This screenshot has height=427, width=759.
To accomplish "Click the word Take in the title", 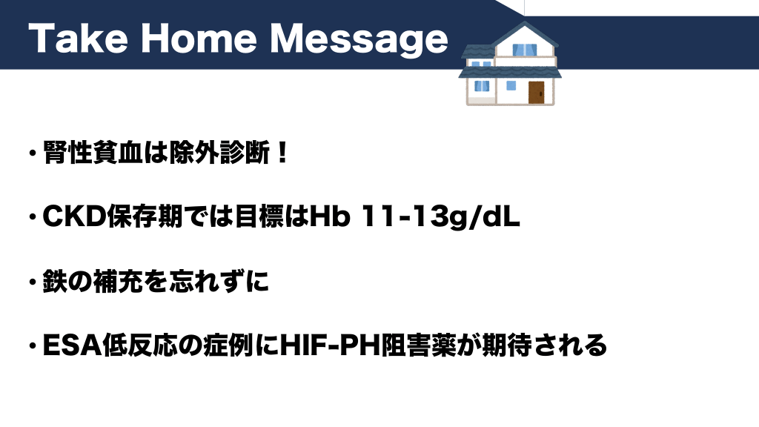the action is tap(79, 39).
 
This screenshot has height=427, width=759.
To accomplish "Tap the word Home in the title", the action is tap(199, 39).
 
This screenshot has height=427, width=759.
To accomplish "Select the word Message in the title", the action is tap(359, 41).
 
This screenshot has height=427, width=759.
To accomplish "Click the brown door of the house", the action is tap(536, 92).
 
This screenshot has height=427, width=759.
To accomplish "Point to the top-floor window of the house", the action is tap(525, 50).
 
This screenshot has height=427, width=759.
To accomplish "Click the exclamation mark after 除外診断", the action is tap(283, 153).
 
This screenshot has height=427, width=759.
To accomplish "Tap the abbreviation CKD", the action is tap(74, 216).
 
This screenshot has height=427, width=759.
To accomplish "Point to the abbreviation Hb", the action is tap(329, 216).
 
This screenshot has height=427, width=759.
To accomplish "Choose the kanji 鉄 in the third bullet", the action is tap(55, 281).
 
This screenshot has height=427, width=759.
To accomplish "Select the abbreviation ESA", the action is tap(72, 345).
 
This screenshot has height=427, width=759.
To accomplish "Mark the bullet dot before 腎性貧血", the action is tap(33, 153).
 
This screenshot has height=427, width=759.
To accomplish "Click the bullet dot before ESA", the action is tap(33, 346).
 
